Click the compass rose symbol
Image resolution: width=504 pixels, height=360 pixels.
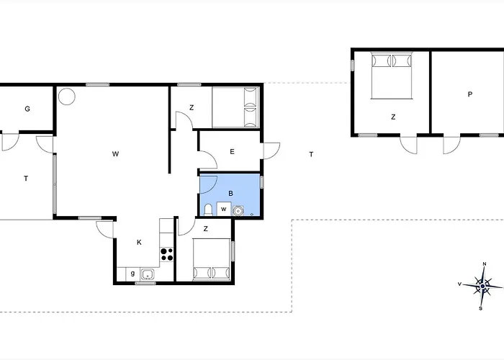click(482, 286)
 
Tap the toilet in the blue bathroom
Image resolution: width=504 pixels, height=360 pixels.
click(208, 210)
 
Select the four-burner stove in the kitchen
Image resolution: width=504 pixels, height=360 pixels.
click(166, 254)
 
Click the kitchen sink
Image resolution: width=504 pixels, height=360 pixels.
click(148, 274)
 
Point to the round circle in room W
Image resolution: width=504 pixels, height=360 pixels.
click(67, 96)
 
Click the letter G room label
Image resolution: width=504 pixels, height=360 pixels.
click(27, 109)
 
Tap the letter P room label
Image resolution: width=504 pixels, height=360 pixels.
click(470, 94)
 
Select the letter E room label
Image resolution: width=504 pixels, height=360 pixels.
click(232, 152)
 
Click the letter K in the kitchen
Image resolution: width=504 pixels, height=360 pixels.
click(139, 243)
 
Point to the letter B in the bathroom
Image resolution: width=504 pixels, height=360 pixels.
click(230, 194)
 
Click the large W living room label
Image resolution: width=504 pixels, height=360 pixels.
click(115, 154)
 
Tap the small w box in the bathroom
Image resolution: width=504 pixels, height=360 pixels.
click(224, 209)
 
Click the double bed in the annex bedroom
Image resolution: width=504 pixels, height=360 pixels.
click(392, 76)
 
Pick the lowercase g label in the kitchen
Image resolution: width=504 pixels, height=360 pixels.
click(132, 274)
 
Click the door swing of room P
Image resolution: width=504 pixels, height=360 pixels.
click(451, 145)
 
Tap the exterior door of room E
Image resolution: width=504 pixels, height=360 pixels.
click(271, 150)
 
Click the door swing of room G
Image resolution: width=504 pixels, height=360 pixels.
click(11, 143)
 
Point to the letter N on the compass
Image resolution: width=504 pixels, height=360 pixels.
click(485, 264)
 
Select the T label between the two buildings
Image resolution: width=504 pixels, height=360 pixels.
click(311, 155)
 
